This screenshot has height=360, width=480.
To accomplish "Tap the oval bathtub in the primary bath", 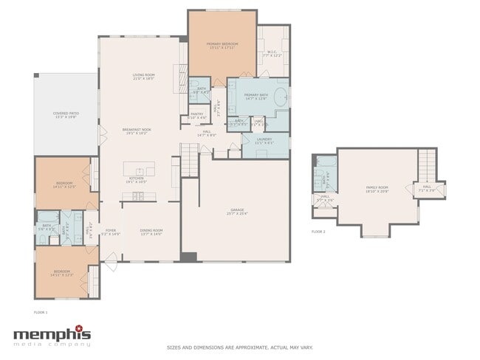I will [x=280, y=96].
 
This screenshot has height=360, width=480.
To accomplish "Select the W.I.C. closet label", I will [x=272, y=53].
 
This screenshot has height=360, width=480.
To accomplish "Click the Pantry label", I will [x=197, y=115].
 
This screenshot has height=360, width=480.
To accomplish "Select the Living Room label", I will [x=143, y=75].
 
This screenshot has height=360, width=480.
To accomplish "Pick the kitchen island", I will [x=139, y=168].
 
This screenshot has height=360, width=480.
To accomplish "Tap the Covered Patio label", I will [x=66, y=114].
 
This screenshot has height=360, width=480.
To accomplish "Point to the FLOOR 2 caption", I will [x=318, y=232].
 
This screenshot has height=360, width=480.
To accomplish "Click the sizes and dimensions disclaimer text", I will [x=239, y=347].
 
